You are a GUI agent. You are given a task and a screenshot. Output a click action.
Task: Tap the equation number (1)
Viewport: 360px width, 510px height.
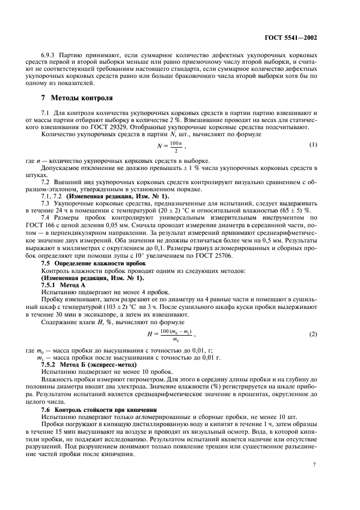[x=313, y=145]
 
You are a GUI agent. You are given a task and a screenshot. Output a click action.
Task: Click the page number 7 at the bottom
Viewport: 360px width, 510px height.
[x=315, y=465]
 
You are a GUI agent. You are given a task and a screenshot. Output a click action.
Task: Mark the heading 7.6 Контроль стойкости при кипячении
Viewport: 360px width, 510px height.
[x=100, y=409]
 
